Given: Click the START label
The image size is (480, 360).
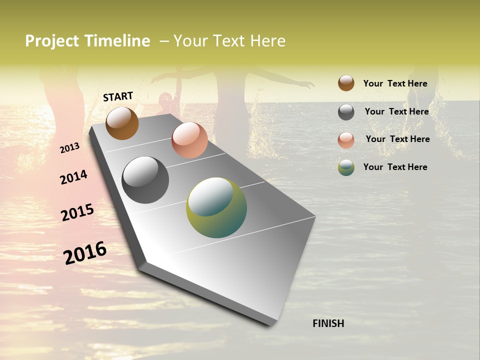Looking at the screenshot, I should click(118, 96).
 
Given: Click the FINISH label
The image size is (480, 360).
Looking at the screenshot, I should click(328, 323).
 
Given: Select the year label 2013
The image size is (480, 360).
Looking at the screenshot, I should click(69, 148).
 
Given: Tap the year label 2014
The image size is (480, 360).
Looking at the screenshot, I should click(73, 177).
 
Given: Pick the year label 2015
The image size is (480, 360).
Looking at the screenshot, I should click(77, 212).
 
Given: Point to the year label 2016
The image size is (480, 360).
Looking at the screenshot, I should click(84, 252).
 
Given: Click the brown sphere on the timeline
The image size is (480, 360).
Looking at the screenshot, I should click(122, 123).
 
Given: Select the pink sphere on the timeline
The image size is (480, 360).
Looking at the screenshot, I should click(189, 140).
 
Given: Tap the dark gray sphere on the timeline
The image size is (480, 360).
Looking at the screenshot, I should click(145, 180).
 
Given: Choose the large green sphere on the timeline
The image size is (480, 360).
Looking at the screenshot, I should click(216, 207).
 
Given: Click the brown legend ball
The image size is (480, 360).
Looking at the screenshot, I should click(346, 83).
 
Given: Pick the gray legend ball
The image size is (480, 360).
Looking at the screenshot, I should click(346, 112).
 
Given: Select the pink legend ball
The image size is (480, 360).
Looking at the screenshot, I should click(346, 140).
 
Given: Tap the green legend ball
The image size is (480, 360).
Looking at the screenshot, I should click(346, 167).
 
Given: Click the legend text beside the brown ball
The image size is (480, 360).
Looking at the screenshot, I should click(395, 83).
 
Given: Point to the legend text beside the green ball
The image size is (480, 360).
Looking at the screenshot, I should click(395, 167).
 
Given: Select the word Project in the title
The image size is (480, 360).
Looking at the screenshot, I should click(52, 41).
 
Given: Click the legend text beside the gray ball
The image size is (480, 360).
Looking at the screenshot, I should click(396, 111).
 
